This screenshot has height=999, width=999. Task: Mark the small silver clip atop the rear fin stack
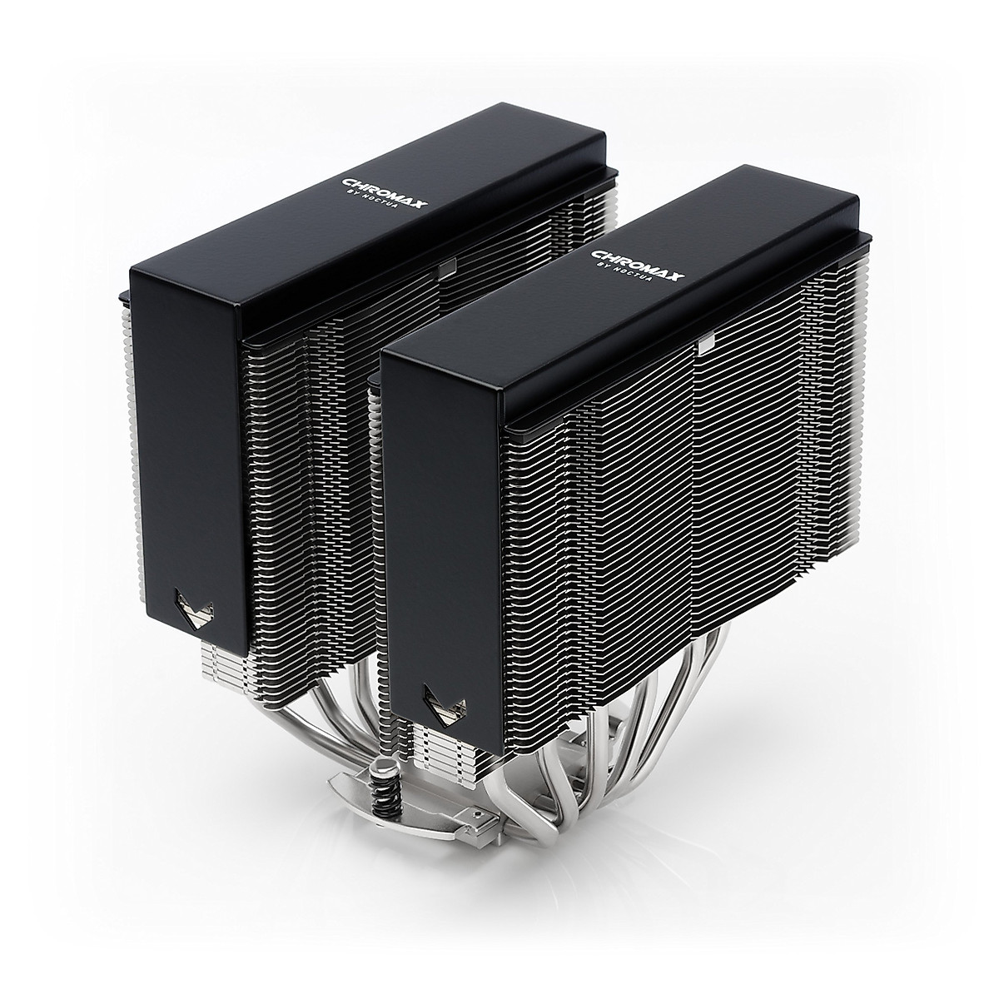click(x=447, y=266)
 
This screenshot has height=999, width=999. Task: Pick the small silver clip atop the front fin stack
click(x=708, y=341)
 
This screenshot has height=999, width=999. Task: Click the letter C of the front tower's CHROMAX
click(x=597, y=253)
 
